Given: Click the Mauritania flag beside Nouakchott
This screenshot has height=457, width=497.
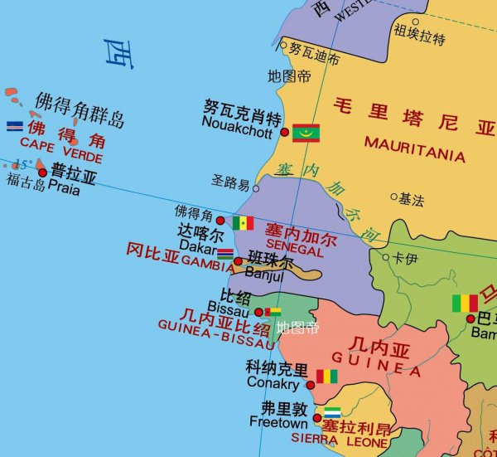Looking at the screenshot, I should pyautogui.click(x=306, y=132).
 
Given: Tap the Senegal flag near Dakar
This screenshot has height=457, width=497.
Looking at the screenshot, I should pyautogui.click(x=243, y=222).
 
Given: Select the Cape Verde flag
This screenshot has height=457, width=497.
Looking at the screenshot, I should pyautogui.click(x=14, y=126).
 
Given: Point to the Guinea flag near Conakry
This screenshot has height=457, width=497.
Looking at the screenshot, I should pyautogui.click(x=327, y=376).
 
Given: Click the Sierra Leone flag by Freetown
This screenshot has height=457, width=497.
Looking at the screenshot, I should pyautogui.click(x=332, y=412).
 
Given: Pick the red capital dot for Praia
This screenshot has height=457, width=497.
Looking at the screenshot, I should pyautogui.click(x=42, y=173).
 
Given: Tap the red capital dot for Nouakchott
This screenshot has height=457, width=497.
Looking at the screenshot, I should pyautogui.click(x=285, y=132).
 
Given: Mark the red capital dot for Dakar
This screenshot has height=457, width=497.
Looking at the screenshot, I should pyautogui.click(x=220, y=221).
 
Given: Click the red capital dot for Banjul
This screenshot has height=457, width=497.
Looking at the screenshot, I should pyautogui.click(x=239, y=261).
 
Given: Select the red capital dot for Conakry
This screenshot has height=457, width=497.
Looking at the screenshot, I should pyautogui.click(x=311, y=385).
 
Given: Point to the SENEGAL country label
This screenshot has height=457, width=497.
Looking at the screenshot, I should pyautogui.click(x=295, y=250).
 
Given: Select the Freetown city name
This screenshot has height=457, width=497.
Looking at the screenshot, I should pyautogui.click(x=278, y=423).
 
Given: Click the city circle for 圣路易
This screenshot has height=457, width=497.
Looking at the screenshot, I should pyautogui.click(x=256, y=188).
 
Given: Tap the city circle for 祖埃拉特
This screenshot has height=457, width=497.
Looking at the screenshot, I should pyautogui.click(x=416, y=22).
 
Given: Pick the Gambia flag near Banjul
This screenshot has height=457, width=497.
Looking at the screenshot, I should pyautogui.click(x=224, y=252).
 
